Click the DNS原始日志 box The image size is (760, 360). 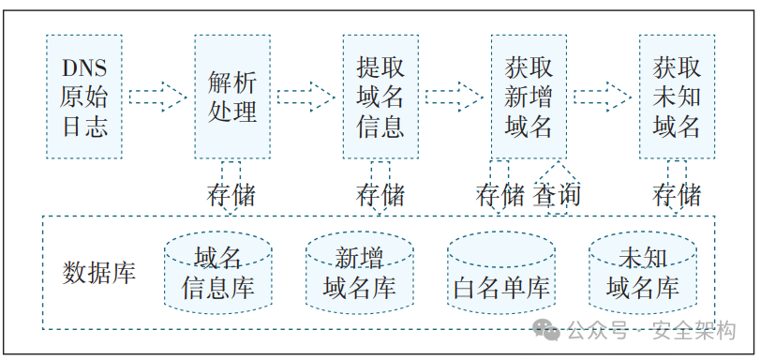coord(84,97)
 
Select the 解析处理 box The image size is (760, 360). coord(232,97)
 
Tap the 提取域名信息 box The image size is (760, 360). coord(380,97)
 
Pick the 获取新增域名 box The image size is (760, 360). coord(529,97)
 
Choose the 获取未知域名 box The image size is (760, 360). coord(677,97)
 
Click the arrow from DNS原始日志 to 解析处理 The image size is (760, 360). coord(157,97)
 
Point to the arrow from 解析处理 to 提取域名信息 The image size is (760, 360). coord(305,97)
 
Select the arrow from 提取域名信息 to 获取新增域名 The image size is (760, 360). coord(454,97)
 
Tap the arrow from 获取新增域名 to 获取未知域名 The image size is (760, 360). coord(602,97)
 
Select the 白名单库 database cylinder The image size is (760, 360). coord(500,274)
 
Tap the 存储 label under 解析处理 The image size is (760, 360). coord(231,196)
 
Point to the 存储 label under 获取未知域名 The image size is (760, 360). coord(677,196)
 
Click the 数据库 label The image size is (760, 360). coord(98,273)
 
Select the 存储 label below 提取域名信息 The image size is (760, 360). coord(380,196)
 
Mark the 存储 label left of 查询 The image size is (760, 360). coord(500,196)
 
